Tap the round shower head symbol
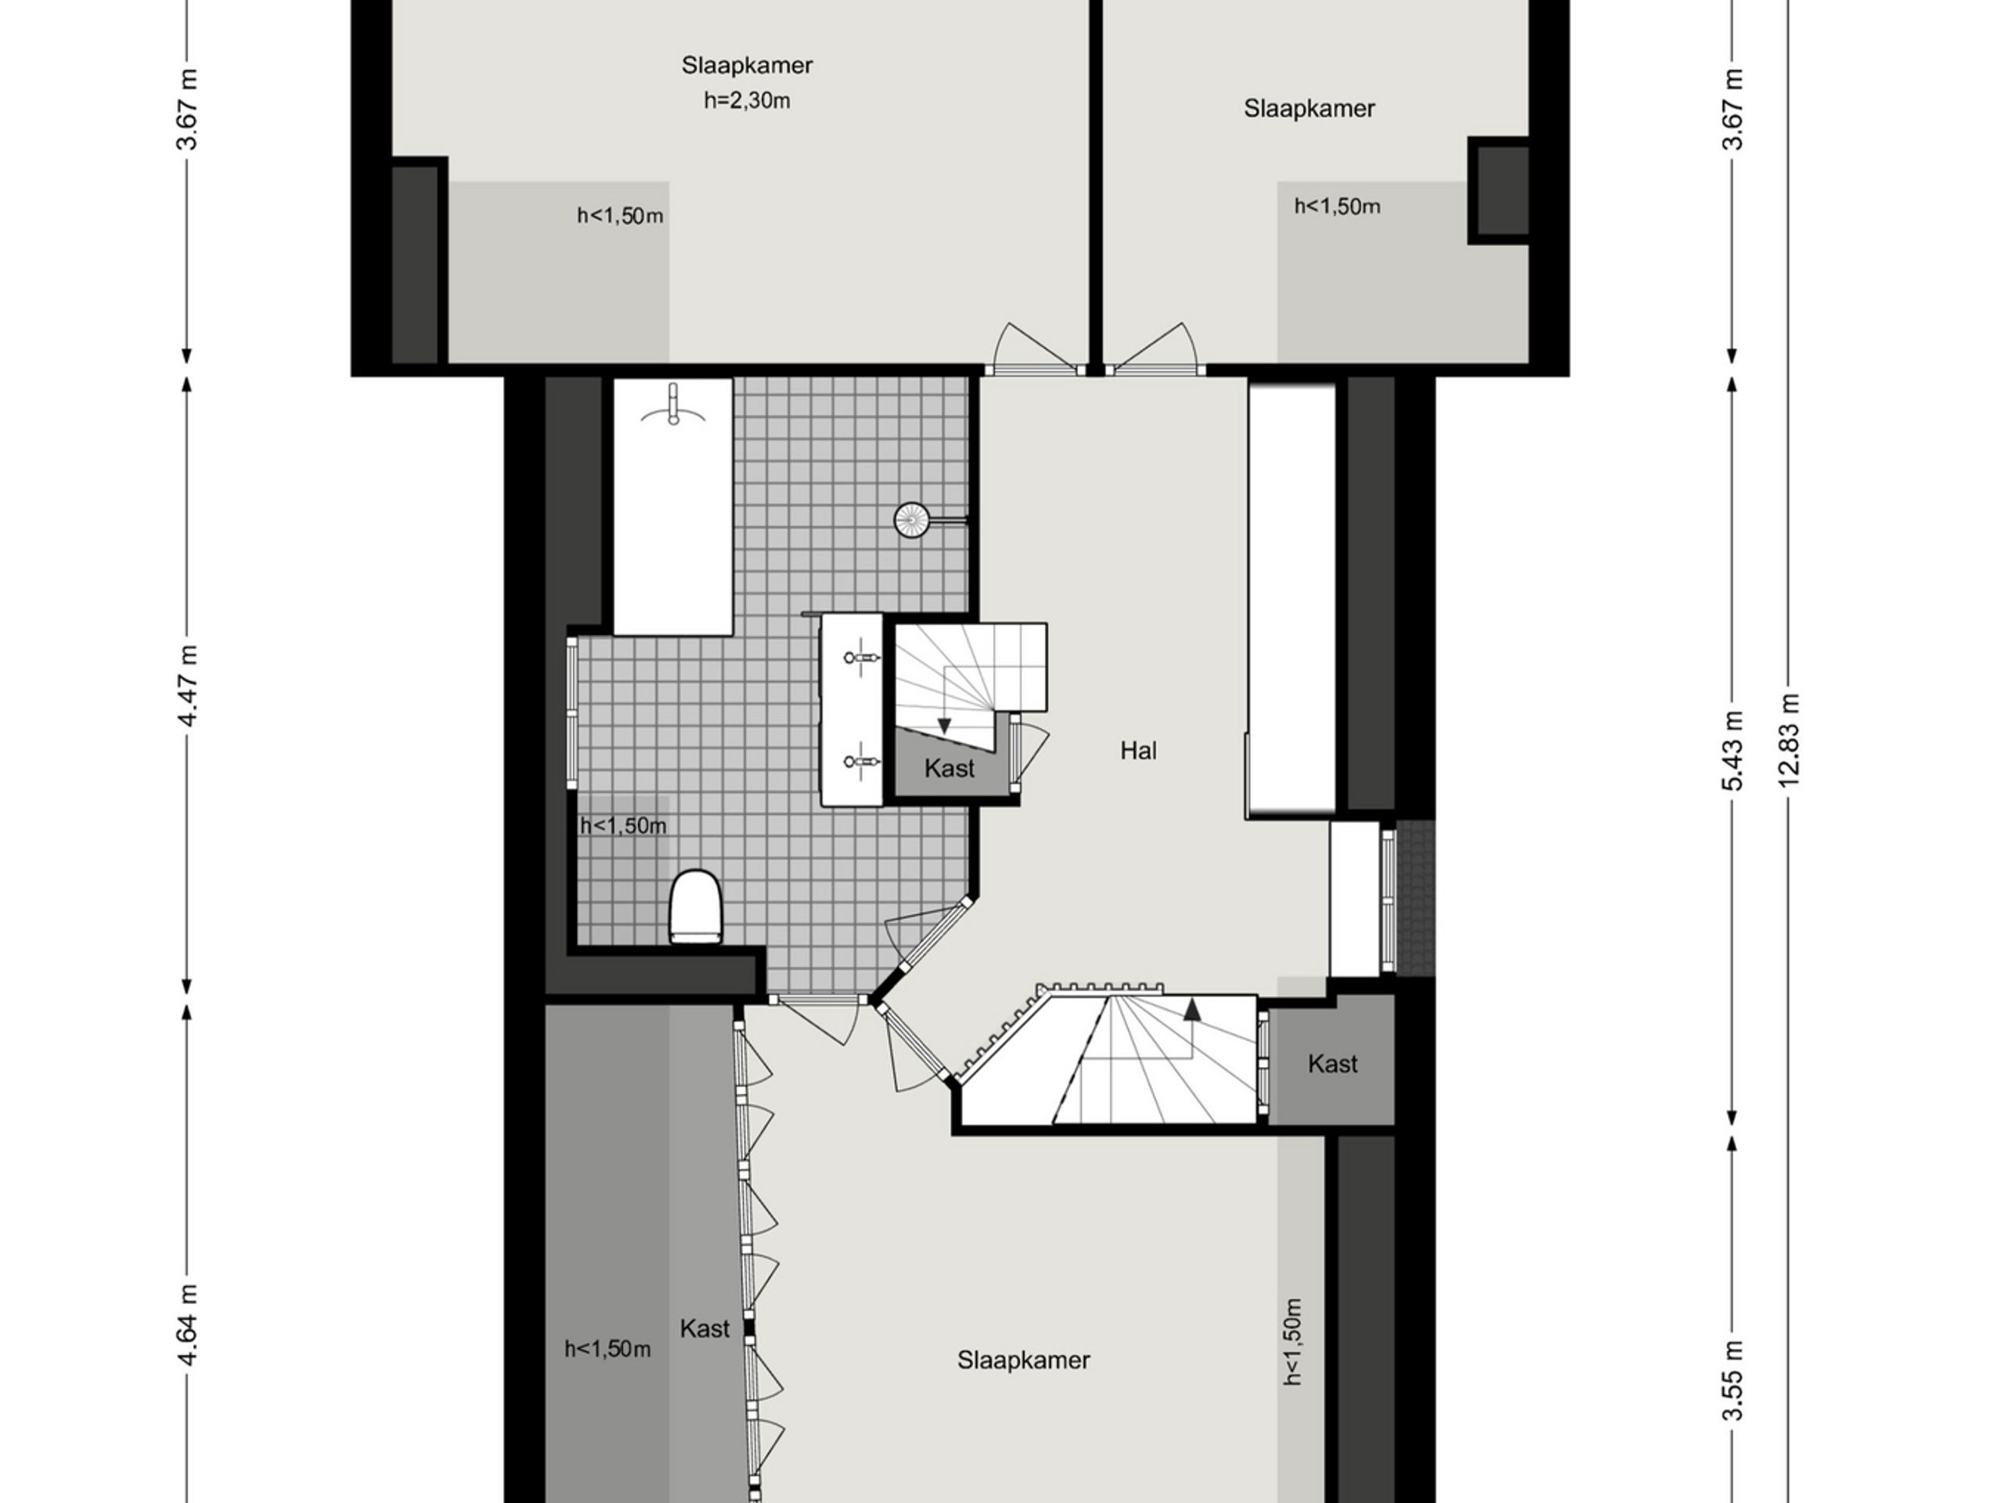pyautogui.click(x=911, y=520)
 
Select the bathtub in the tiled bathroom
pyautogui.click(x=673, y=507)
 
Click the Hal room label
pyautogui.click(x=1138, y=750)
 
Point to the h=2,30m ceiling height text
pyautogui.click(x=747, y=100)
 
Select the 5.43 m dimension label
pyautogui.click(x=1732, y=750)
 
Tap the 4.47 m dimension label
pyautogui.click(x=188, y=685)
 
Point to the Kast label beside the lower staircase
pyautogui.click(x=1332, y=1064)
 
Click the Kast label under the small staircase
pyautogui.click(x=950, y=768)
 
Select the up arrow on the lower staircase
pyautogui.click(x=1192, y=1009)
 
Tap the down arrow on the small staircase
pyautogui.click(x=944, y=725)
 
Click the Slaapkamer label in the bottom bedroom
pyautogui.click(x=1023, y=1360)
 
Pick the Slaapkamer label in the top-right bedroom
pyautogui.click(x=1308, y=109)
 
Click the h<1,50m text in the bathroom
pyautogui.click(x=622, y=825)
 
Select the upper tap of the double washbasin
pyautogui.click(x=862, y=657)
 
